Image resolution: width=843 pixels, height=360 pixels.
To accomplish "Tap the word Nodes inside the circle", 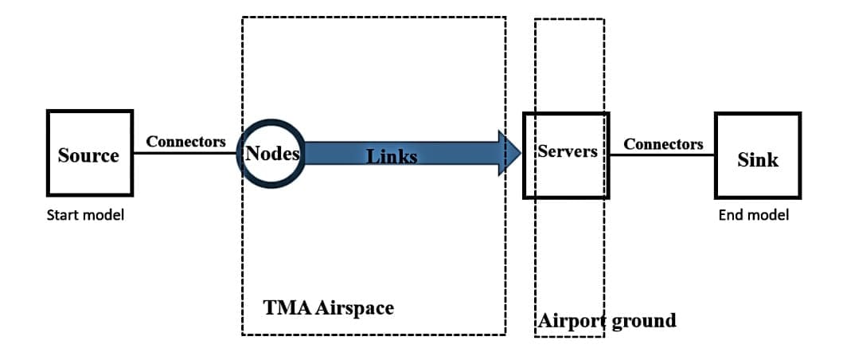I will click(271, 154).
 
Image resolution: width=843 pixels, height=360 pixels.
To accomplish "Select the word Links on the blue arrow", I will click(392, 156).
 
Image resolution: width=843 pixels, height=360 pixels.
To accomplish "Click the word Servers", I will click(568, 151).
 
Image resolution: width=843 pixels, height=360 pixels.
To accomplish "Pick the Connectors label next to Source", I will click(185, 142).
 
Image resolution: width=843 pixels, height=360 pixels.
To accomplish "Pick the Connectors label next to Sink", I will click(663, 144).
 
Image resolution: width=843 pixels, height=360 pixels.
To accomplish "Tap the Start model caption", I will click(85, 215).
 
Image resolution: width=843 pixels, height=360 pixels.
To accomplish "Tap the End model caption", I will click(753, 215).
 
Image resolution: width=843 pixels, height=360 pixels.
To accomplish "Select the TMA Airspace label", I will click(328, 307).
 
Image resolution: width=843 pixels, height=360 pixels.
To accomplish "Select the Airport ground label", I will click(607, 321).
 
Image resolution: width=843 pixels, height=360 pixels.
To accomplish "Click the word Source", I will click(88, 155).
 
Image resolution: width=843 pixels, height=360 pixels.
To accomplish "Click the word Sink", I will click(757, 160).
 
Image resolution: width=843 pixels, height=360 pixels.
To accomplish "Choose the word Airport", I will click(571, 321).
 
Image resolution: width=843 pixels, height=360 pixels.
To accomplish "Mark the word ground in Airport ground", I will click(642, 321).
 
